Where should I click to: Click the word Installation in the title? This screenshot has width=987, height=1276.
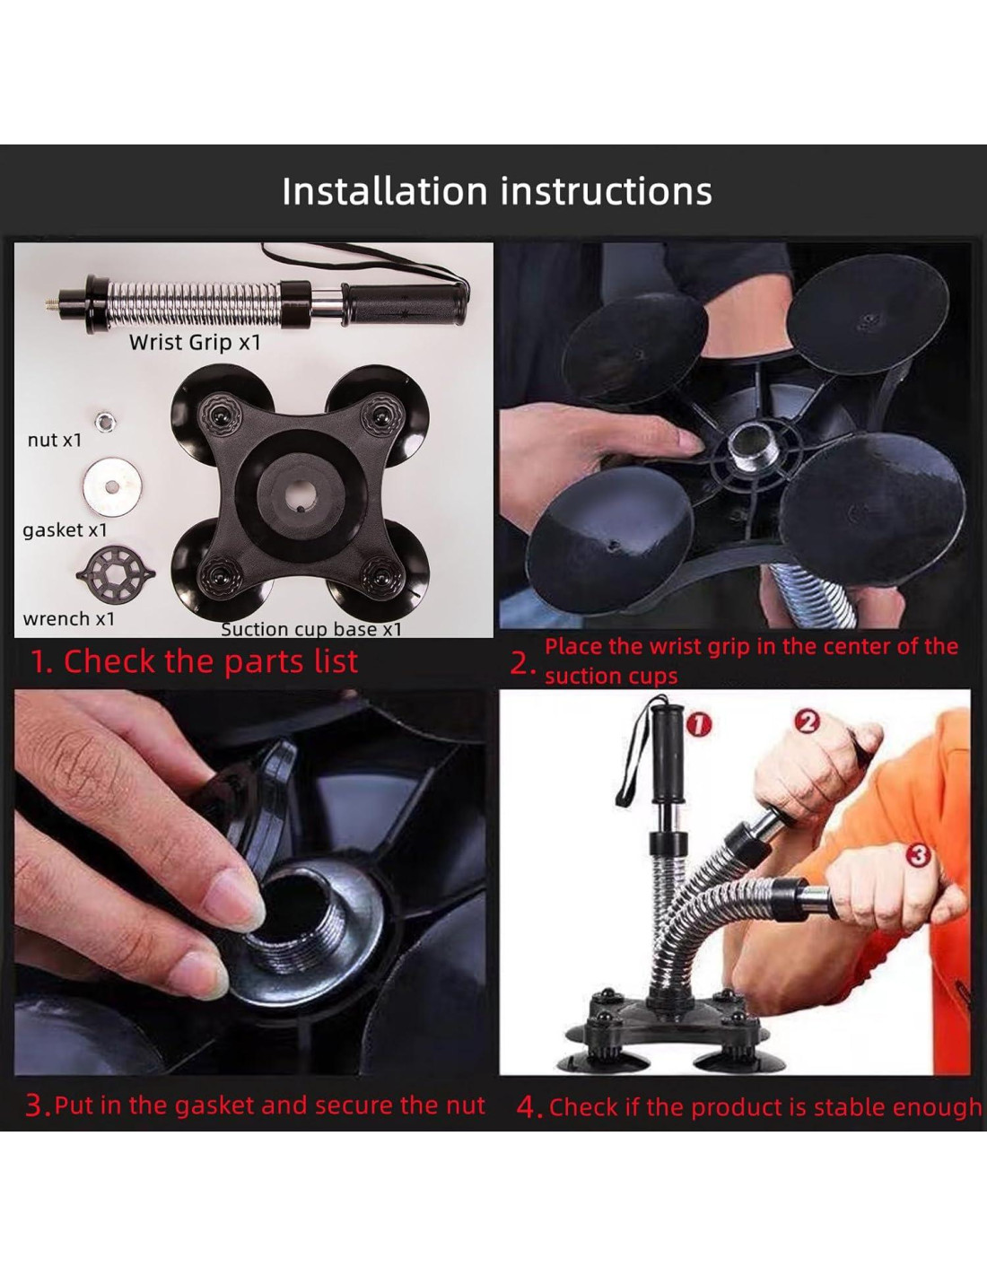pyautogui.click(x=385, y=191)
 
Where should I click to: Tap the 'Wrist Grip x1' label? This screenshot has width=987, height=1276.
pyautogui.click(x=195, y=342)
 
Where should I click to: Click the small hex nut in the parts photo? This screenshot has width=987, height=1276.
pyautogui.click(x=106, y=421)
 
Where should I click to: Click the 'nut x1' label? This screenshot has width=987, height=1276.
pyautogui.click(x=55, y=440)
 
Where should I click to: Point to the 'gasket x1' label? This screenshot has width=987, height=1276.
pyautogui.click(x=66, y=530)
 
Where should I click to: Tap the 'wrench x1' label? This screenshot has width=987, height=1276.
pyautogui.click(x=69, y=618)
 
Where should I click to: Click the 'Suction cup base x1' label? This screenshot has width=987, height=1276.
pyautogui.click(x=311, y=629)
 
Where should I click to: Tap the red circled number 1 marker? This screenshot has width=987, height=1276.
pyautogui.click(x=699, y=725)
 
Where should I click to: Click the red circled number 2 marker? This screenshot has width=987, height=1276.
pyautogui.click(x=808, y=721)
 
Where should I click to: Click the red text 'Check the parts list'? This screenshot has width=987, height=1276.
pyautogui.click(x=211, y=661)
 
